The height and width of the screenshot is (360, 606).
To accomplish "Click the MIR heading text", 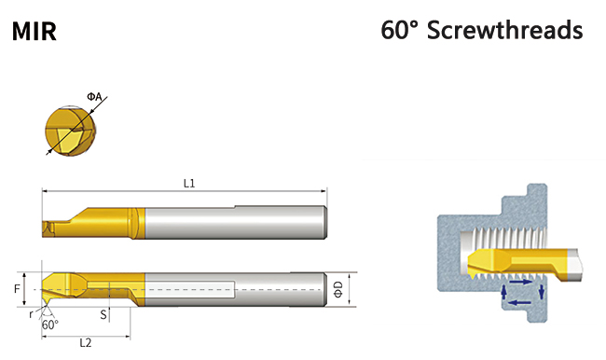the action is (34, 32).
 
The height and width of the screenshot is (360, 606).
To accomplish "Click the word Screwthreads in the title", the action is (504, 30).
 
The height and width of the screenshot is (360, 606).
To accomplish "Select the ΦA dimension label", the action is (94, 96).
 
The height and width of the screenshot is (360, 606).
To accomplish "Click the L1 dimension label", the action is (189, 184).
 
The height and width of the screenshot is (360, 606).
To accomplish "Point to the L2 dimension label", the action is (86, 343).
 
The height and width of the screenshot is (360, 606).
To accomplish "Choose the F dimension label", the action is (17, 289).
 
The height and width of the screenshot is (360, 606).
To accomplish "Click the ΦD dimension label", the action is (338, 290).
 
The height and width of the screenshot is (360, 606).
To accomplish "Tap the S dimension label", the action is (103, 314).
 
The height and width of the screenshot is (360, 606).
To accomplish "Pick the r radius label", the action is (31, 314).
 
